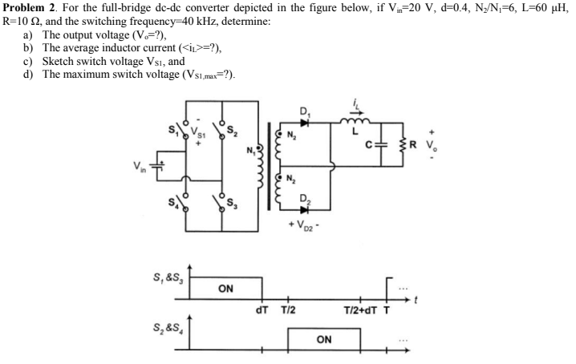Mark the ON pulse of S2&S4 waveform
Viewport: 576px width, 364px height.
coord(324,339)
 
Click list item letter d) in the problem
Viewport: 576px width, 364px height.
coord(29,75)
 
